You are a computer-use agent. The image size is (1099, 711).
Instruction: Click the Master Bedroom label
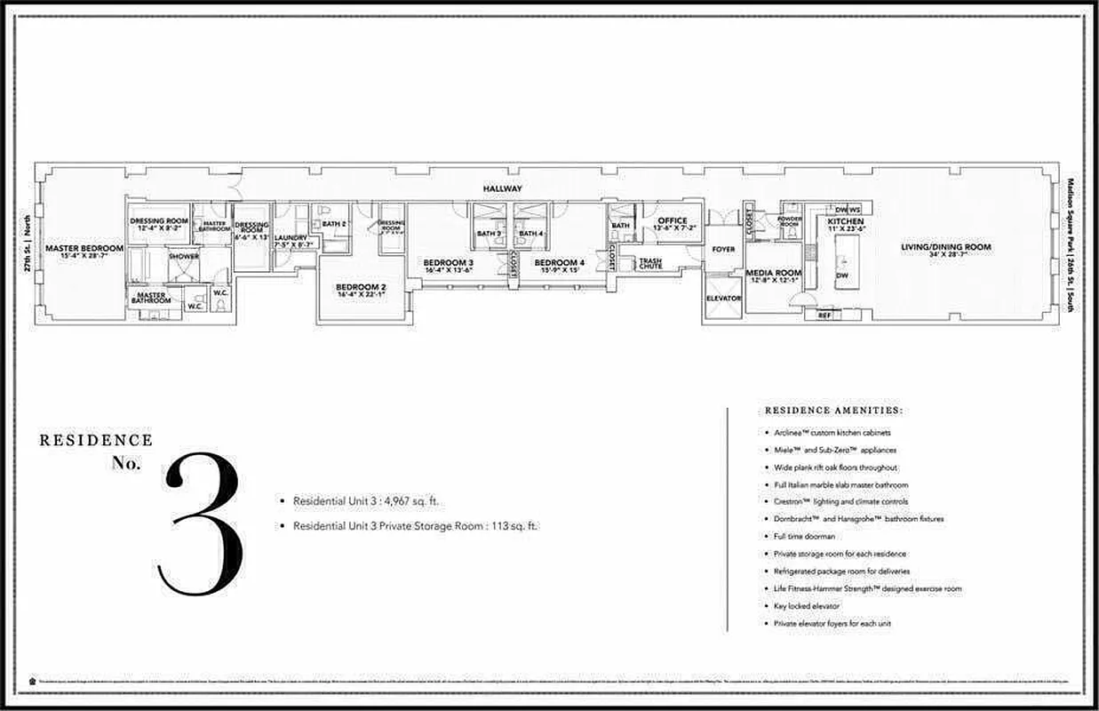[85, 248]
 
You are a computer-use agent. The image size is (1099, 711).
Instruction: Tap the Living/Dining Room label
[945, 247]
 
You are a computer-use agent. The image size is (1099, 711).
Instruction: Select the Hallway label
[502, 189]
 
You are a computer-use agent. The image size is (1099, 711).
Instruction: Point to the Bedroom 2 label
[360, 287]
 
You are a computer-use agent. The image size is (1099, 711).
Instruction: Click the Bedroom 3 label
[448, 263]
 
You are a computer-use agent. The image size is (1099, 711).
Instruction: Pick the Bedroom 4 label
[559, 263]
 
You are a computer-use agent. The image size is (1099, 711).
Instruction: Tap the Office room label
[672, 221]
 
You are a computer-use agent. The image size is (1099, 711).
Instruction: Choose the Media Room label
[774, 274]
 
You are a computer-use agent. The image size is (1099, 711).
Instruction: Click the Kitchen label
[845, 221]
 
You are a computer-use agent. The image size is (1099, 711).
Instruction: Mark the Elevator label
[723, 299]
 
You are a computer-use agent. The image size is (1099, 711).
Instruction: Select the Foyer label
[723, 250]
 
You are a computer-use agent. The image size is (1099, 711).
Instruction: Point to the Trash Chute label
[650, 262]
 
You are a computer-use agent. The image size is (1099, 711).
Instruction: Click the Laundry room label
[291, 238]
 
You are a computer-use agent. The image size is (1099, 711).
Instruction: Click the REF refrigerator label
[824, 316]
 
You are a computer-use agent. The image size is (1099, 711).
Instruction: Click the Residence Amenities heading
[833, 411]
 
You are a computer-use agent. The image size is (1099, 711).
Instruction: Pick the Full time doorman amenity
[805, 537]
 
